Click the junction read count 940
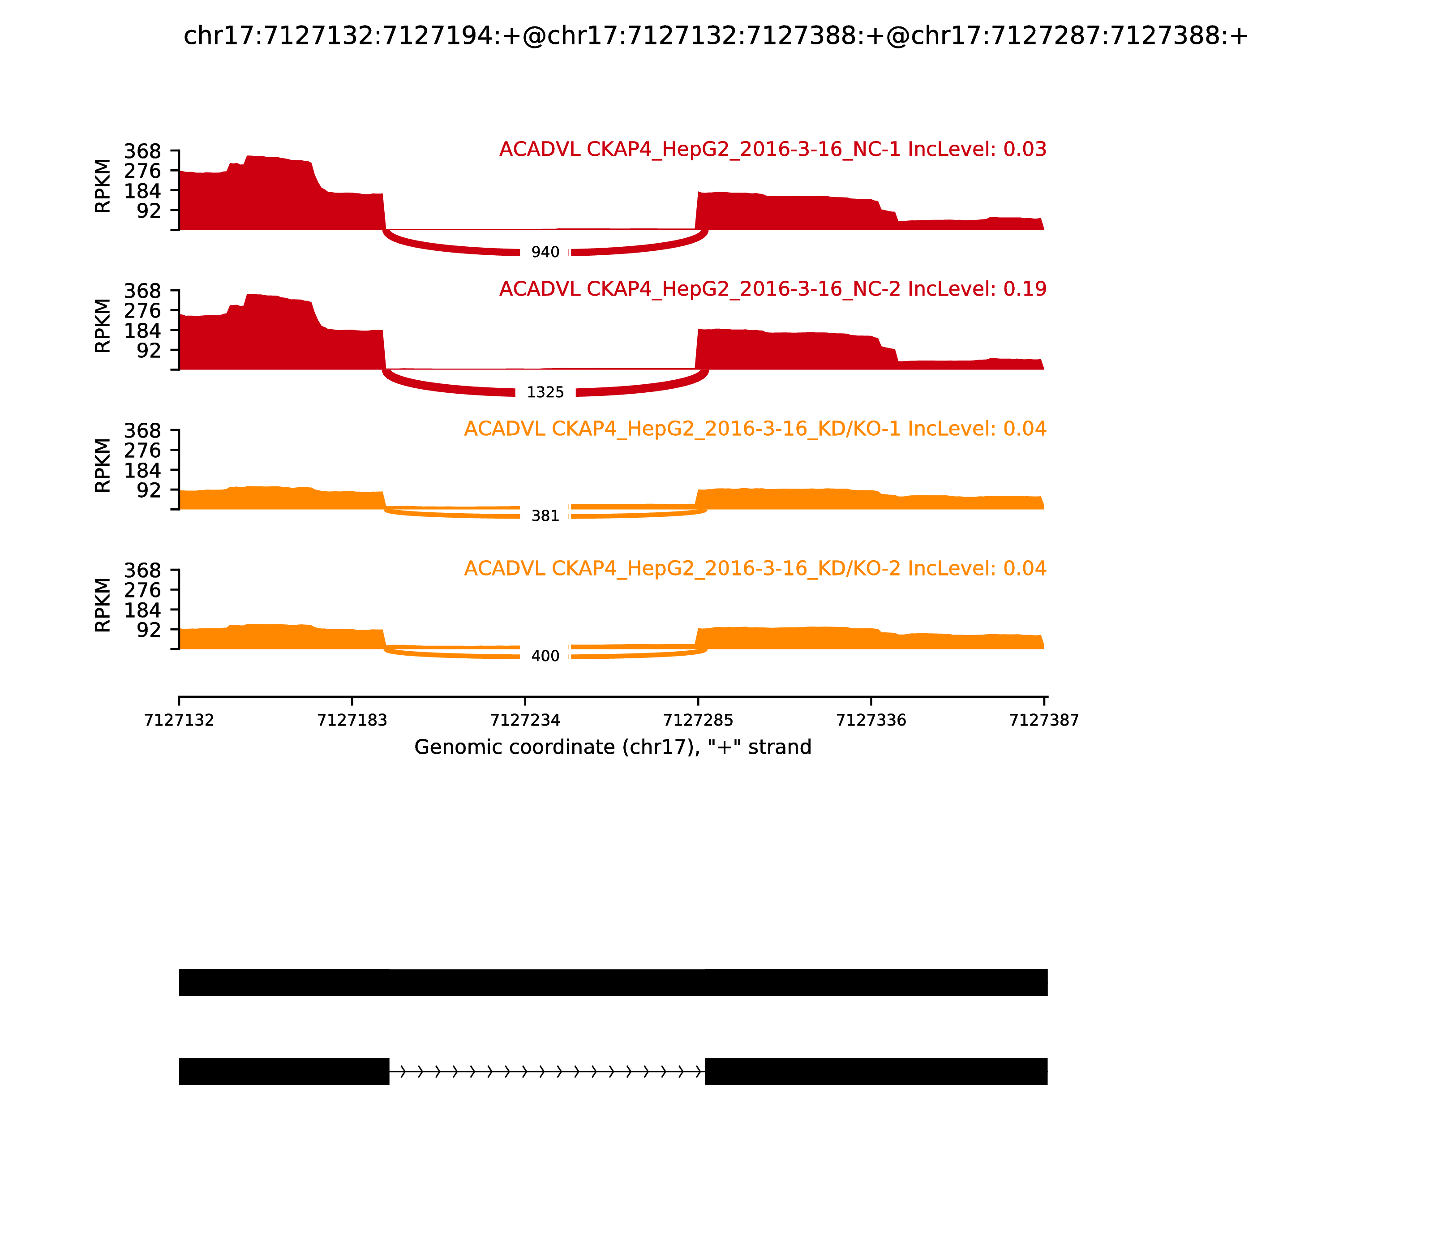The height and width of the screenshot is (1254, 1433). (x=545, y=253)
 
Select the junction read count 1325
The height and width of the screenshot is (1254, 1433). (x=545, y=393)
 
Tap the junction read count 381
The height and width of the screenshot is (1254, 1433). (x=545, y=516)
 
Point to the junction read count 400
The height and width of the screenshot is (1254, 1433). (x=545, y=657)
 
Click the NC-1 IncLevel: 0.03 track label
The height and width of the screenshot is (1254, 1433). (x=772, y=150)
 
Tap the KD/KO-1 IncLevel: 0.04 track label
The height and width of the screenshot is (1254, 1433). (x=755, y=429)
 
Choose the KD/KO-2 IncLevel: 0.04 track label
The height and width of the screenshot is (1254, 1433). (x=755, y=568)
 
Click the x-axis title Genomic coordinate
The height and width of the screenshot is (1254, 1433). (x=613, y=747)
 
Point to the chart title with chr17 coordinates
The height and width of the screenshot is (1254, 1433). (x=715, y=36)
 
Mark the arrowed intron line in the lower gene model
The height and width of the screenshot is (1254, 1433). (x=546, y=1071)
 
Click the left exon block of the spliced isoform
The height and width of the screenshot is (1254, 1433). (x=283, y=1071)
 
